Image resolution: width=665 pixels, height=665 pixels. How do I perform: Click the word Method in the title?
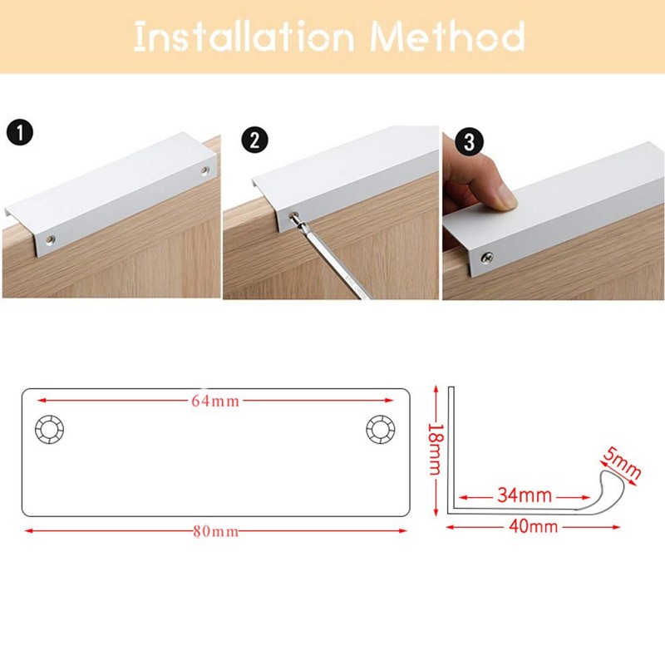point(448,37)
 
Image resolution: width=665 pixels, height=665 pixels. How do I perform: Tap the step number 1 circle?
point(19,132)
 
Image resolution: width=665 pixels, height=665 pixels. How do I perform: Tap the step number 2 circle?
point(255,140)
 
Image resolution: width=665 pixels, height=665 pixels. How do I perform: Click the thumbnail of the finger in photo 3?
point(503,197)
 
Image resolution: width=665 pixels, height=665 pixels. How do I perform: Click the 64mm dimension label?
point(215,401)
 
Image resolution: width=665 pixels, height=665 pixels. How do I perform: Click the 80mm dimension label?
point(215,531)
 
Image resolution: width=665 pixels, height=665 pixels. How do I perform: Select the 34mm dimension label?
point(525,495)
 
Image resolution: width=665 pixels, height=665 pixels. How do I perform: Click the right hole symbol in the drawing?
point(382,429)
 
